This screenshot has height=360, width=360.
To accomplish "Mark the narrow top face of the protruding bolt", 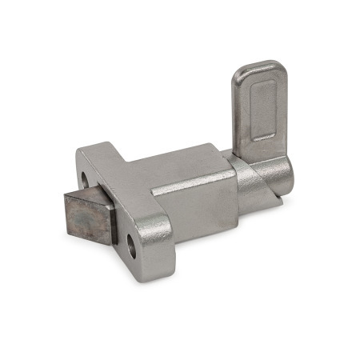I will pyautogui.click(x=88, y=192).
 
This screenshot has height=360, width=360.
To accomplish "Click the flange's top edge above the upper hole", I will pyautogui.click(x=94, y=149).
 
